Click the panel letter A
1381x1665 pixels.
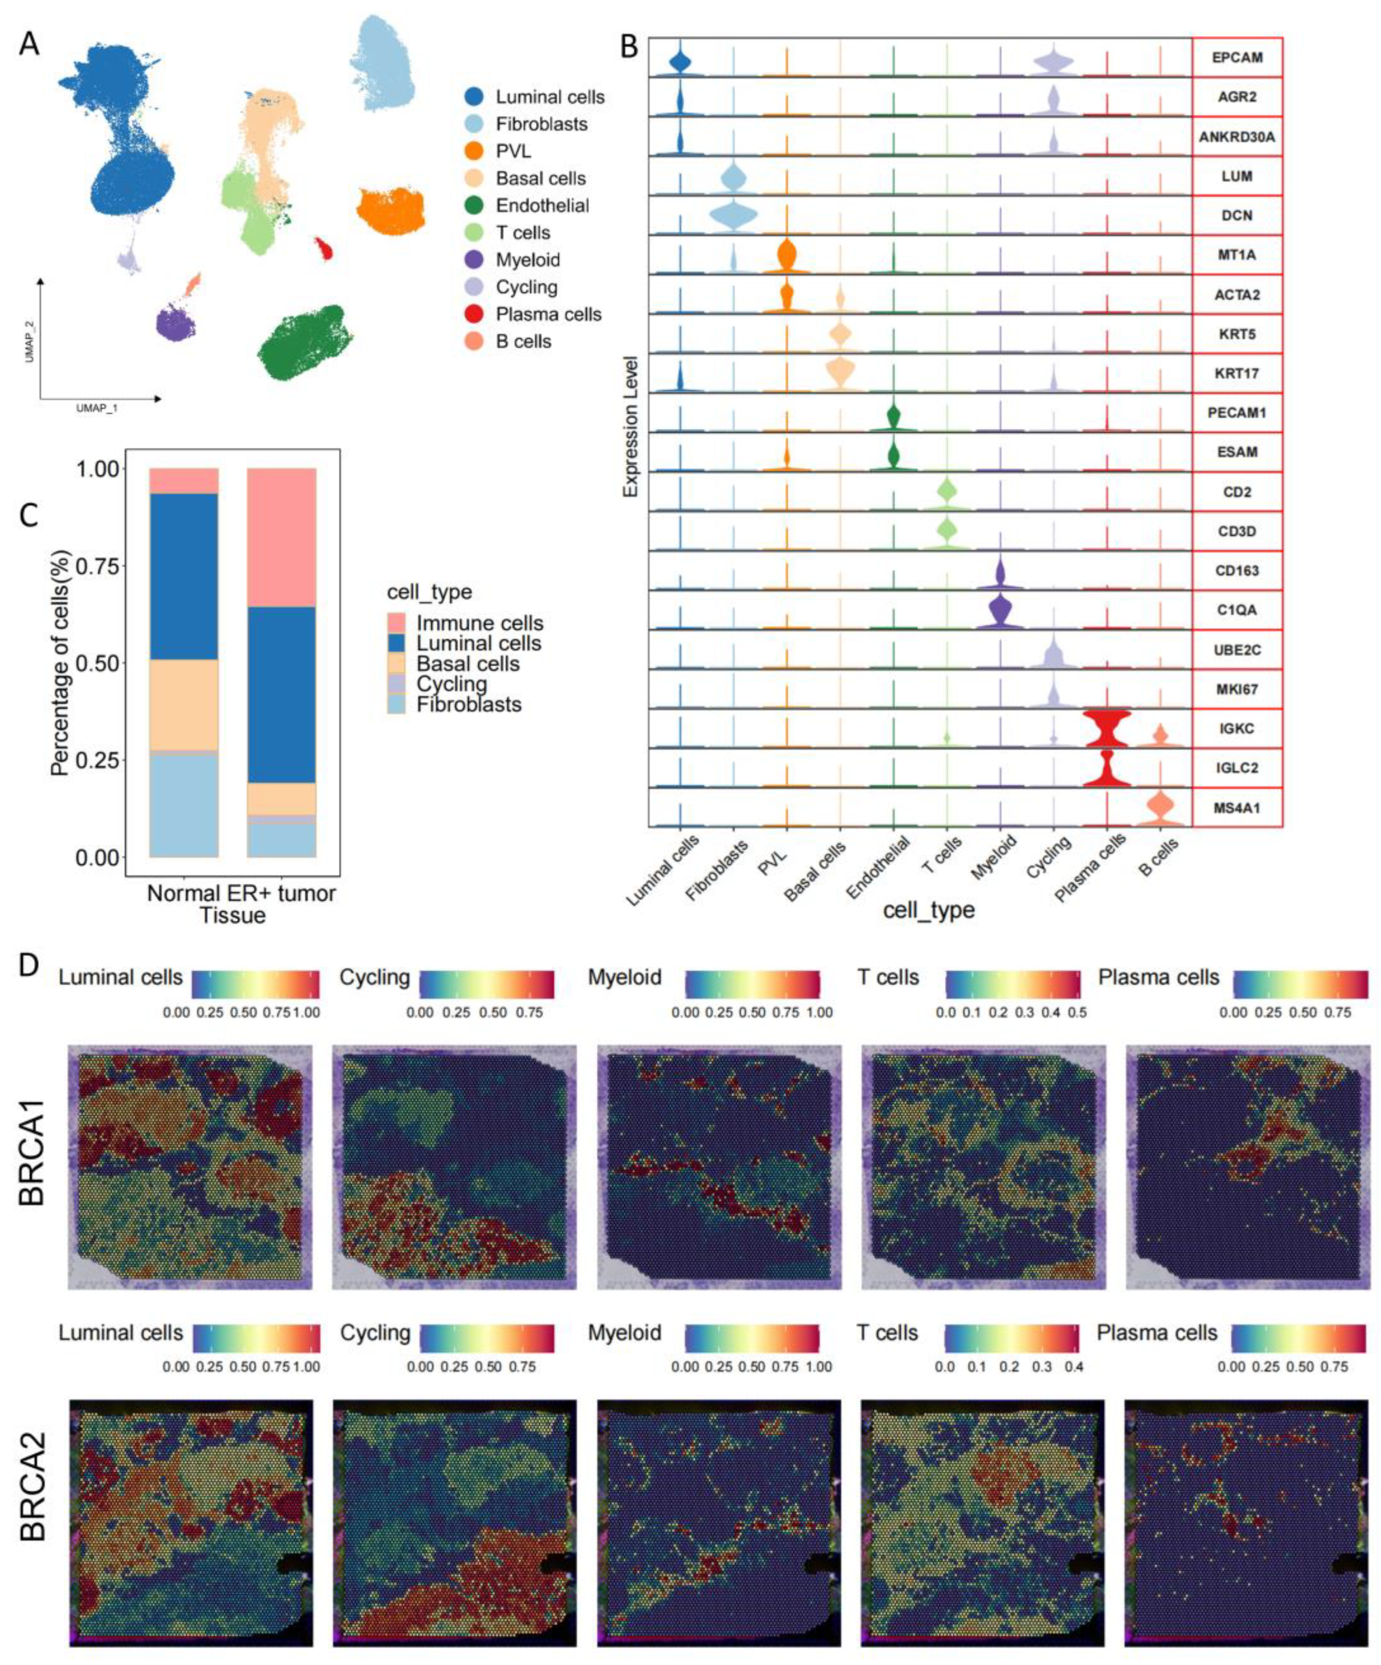click(29, 43)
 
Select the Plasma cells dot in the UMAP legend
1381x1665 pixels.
click(475, 314)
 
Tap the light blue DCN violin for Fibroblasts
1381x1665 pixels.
click(734, 215)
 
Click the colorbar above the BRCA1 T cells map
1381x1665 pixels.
click(1012, 983)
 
